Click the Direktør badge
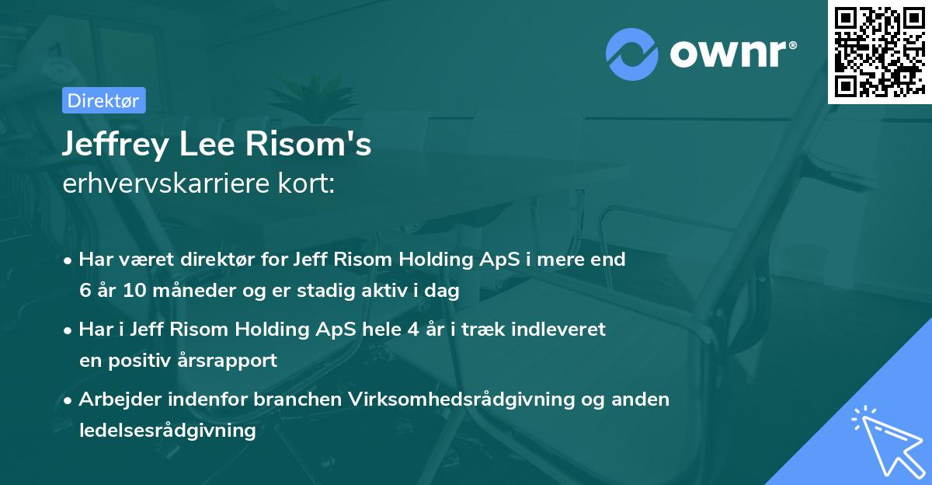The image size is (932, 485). point(103,100)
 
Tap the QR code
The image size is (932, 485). point(880,51)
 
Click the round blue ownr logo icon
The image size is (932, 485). point(632,54)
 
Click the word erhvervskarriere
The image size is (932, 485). point(170,184)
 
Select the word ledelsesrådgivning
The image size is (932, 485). point(168,430)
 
